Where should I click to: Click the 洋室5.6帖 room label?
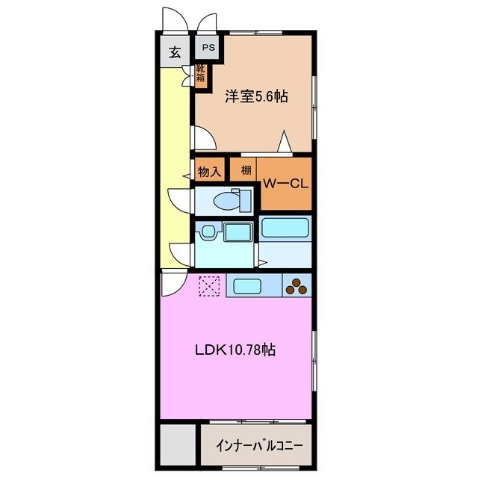coord(257,96)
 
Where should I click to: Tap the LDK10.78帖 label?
coord(235,349)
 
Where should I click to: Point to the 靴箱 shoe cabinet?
coord(201,75)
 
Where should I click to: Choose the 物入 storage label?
coord(209,171)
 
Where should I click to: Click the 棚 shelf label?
coord(245,170)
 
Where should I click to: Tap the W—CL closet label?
coord(285,184)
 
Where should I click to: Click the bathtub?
coord(285,229)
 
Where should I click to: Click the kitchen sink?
coord(244,285)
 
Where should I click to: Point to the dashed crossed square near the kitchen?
coord(209,285)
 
